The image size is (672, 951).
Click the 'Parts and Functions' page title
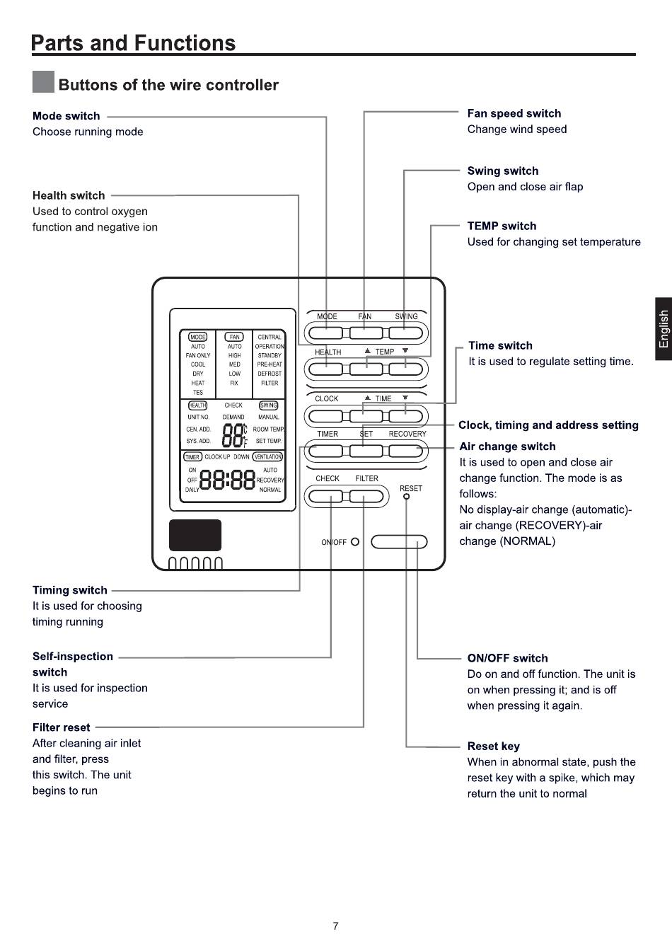133,43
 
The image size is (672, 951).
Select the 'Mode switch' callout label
66,116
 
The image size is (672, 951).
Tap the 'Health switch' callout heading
69,195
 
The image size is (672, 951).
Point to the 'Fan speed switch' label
514,113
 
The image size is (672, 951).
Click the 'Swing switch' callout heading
503,171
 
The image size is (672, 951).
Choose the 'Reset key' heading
493,746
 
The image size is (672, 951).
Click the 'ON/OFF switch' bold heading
507,658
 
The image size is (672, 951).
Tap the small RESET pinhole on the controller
406,496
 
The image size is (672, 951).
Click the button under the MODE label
325,333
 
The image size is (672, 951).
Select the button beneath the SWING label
405,333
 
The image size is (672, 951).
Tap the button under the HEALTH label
325,369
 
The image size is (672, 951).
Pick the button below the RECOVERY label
405,451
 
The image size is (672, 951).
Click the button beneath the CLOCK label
325,416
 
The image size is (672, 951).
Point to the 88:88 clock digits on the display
227,480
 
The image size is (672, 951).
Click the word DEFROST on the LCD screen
270,374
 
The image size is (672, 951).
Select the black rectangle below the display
195,535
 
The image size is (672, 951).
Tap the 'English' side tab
664,329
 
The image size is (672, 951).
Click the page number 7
335,926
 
